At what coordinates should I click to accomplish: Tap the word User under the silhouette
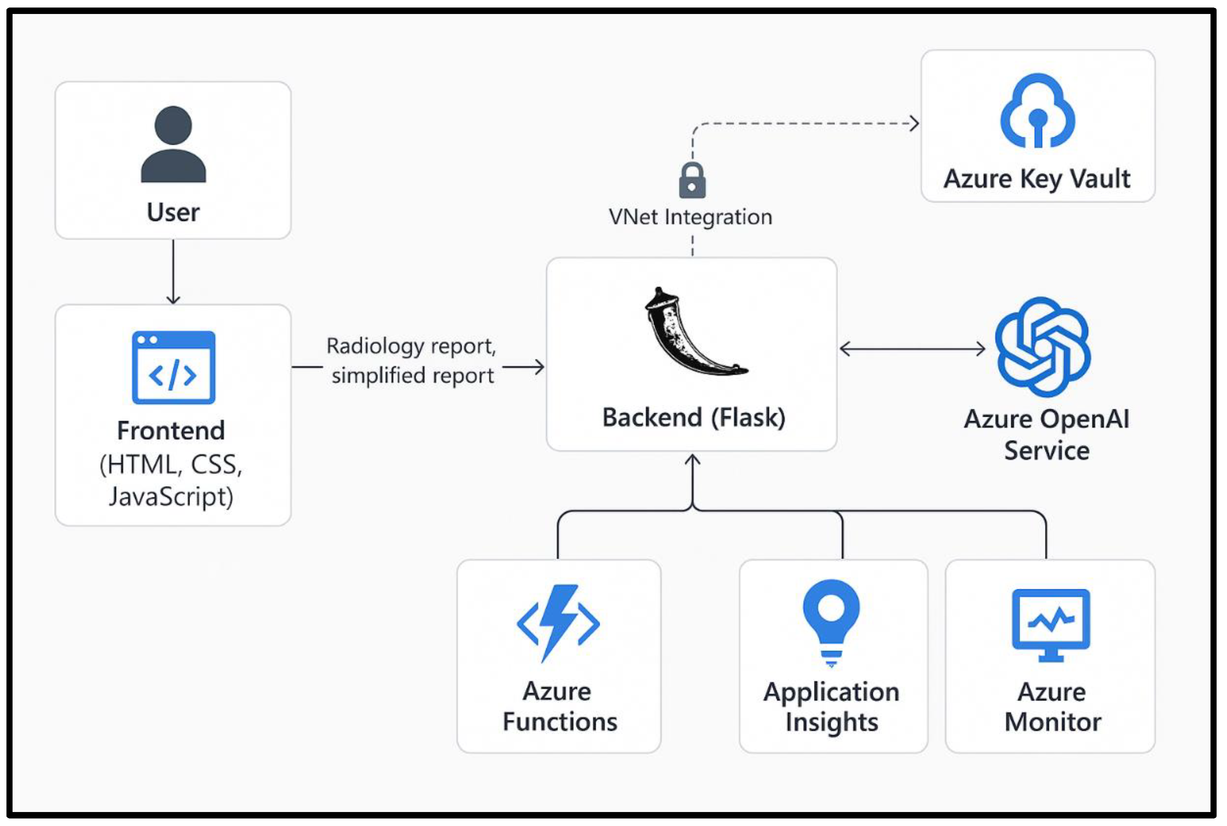pyautogui.click(x=173, y=212)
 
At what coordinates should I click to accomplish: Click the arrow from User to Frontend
pyautogui.click(x=173, y=272)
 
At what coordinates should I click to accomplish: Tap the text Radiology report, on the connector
pyautogui.click(x=411, y=346)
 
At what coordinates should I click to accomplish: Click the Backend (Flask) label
pyautogui.click(x=693, y=417)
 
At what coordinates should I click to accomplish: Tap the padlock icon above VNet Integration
pyautogui.click(x=692, y=180)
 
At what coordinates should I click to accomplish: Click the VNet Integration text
pyautogui.click(x=690, y=217)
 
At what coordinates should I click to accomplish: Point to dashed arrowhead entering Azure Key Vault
pyautogui.click(x=915, y=124)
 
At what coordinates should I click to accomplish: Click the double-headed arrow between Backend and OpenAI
pyautogui.click(x=911, y=349)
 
